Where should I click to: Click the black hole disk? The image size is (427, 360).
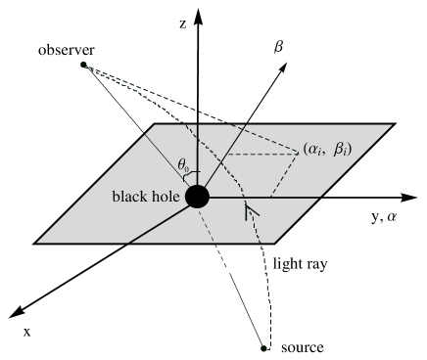coord(197,197)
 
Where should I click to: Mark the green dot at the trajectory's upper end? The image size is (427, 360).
coord(83,66)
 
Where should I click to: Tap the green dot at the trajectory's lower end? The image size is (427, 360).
coord(264,346)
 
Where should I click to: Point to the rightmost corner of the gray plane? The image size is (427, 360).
coord(392,125)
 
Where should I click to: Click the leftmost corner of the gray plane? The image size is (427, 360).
coord(37,242)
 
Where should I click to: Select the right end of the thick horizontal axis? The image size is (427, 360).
coord(321,198)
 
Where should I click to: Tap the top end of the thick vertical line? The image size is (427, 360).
coord(198,125)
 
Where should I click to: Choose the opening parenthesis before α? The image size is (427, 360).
coord(308,153)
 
